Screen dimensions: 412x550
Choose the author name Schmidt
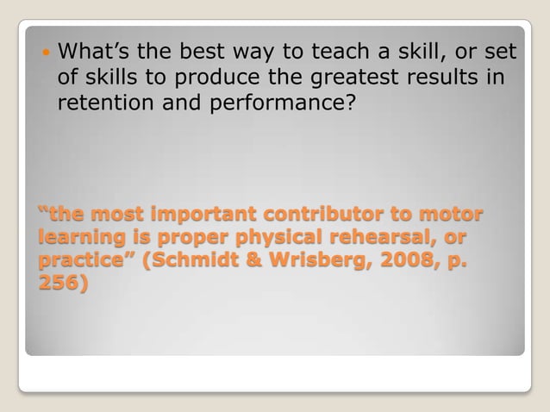[x=194, y=259]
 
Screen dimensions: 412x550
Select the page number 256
[x=59, y=283]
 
